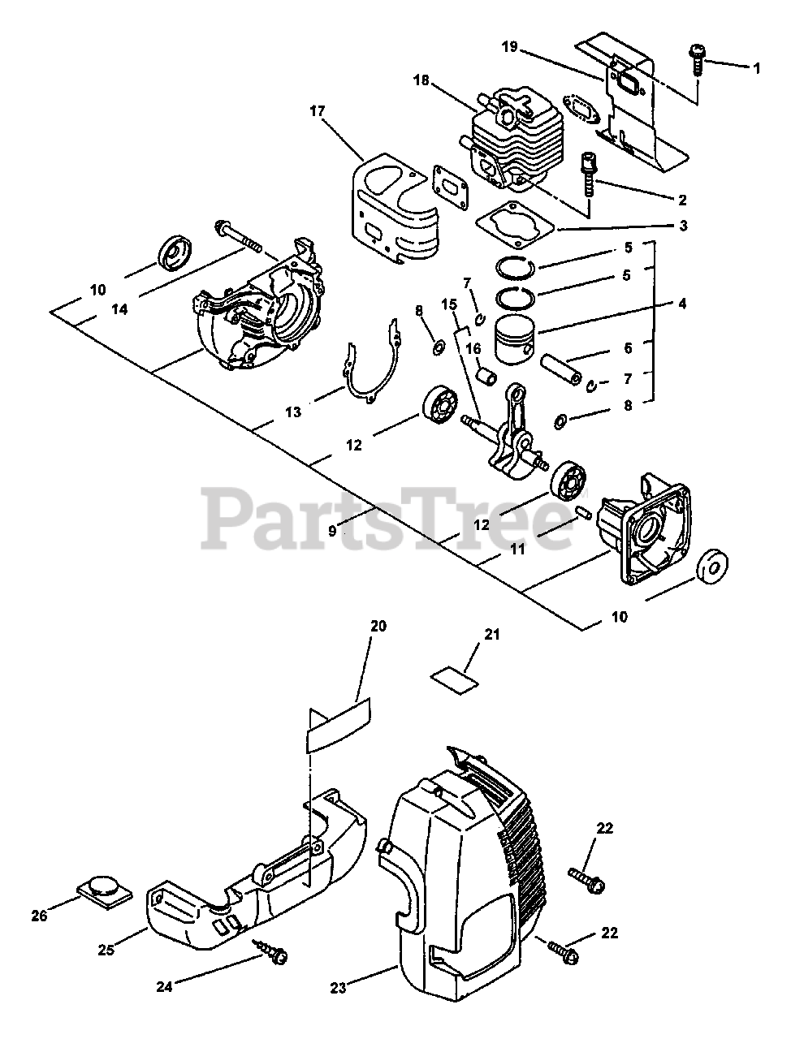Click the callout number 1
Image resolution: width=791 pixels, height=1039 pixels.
point(756,69)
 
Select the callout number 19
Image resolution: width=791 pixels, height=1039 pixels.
point(509,48)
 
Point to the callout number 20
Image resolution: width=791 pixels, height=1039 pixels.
point(378,627)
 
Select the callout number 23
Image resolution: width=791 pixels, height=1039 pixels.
point(339,988)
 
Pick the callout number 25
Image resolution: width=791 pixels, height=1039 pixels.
point(106,947)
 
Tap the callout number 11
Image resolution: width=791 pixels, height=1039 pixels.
point(517,550)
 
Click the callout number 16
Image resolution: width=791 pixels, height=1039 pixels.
point(473,347)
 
